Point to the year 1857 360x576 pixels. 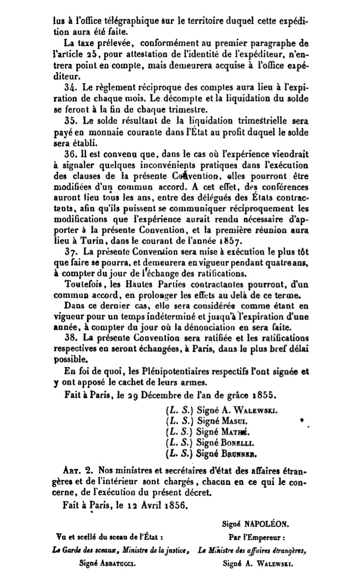[231, 241]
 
